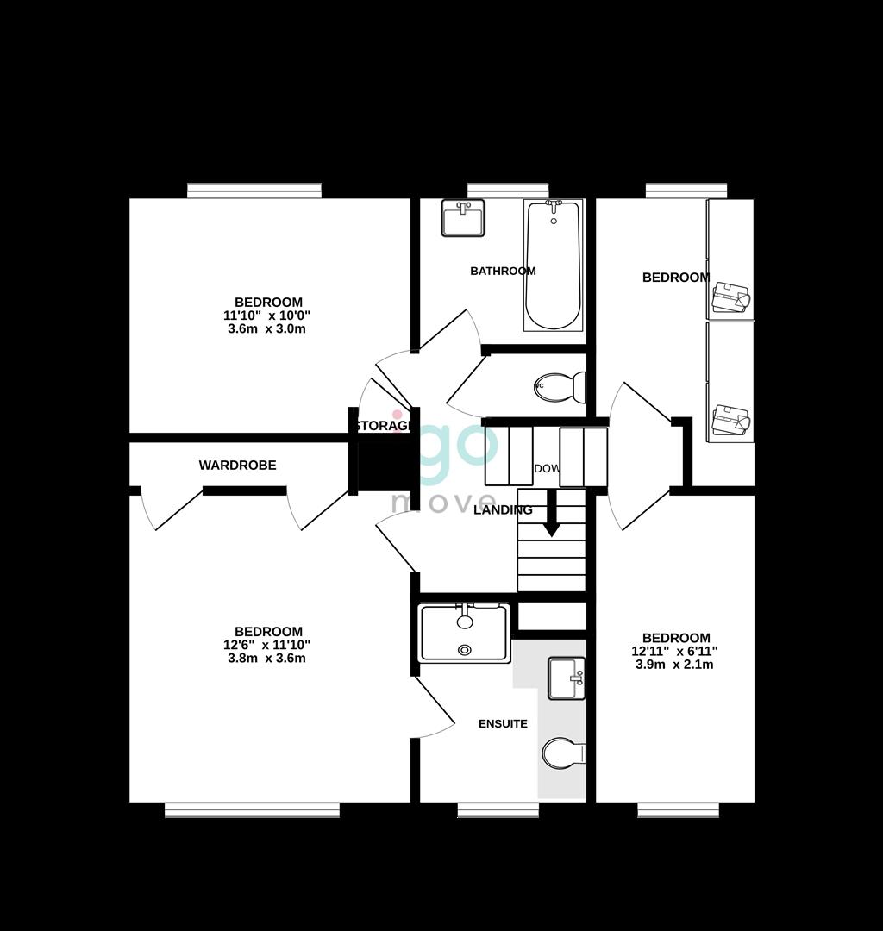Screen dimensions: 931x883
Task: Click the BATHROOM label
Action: [503, 271]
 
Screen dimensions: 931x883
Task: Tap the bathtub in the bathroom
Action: [553, 265]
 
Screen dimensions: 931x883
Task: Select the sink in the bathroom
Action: [463, 217]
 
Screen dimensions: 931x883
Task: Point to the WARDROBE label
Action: [237, 465]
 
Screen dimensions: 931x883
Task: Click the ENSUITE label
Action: [503, 724]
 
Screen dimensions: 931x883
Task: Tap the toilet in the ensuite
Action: [562, 753]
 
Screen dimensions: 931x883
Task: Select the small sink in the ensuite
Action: [567, 678]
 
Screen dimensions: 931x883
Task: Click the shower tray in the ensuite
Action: [465, 633]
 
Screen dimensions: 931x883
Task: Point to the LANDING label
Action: [504, 510]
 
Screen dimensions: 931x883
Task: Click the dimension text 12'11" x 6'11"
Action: [675, 652]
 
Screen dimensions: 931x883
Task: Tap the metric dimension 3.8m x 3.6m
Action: [266, 659]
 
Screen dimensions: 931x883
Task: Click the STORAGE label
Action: [382, 426]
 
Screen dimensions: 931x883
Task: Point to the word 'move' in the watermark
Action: [444, 502]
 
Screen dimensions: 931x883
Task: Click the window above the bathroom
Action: [508, 190]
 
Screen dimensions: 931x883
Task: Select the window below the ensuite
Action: [498, 809]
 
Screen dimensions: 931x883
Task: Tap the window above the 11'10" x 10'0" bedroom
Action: [254, 190]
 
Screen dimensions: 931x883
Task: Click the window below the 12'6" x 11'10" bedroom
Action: [252, 809]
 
